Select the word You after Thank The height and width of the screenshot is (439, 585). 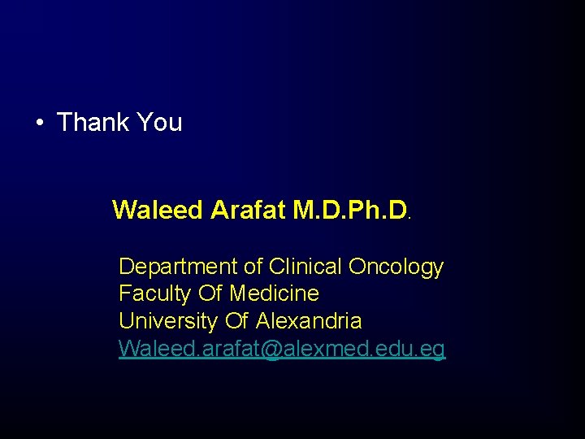click(159, 123)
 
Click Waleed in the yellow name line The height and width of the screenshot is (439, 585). click(158, 210)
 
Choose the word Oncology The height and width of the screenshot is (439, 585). click(396, 267)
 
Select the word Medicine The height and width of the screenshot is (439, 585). click(275, 293)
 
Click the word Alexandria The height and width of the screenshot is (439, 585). click(309, 320)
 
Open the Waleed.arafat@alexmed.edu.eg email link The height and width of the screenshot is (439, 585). click(282, 349)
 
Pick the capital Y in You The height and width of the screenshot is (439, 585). click(145, 123)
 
